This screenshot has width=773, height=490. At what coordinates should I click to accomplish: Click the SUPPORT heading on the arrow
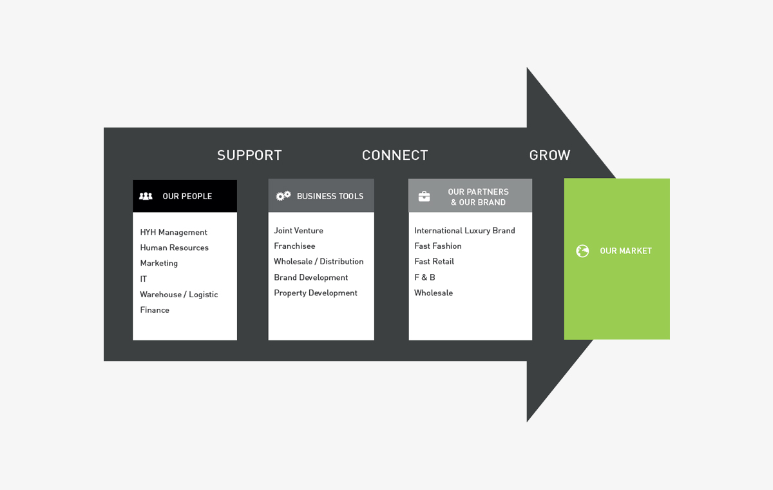249,155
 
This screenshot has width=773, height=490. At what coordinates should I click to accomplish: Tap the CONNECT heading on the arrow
395,155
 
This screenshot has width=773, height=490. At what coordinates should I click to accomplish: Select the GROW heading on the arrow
549,155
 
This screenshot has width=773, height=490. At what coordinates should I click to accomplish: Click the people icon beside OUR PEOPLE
146,196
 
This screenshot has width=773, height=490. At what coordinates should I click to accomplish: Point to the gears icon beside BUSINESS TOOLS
283,196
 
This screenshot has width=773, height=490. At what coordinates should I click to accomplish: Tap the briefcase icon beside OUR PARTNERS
424,197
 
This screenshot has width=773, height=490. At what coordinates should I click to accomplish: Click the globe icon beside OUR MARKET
582,251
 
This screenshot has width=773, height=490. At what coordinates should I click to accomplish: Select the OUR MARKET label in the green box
625,251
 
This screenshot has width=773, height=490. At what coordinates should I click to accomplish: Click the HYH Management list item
174,232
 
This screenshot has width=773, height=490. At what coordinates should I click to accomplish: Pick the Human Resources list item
175,248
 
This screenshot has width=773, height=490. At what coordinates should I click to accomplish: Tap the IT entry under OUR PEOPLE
144,279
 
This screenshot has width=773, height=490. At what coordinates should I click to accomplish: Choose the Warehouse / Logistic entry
179,295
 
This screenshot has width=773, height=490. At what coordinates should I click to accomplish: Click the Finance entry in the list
155,310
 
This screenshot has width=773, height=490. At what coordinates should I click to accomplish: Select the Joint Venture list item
298,230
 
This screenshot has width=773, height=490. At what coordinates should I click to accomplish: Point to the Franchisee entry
294,246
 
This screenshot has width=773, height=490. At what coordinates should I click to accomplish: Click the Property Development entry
316,293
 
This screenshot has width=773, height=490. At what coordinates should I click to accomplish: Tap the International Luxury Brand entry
464,230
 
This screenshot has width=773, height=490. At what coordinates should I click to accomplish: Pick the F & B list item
425,277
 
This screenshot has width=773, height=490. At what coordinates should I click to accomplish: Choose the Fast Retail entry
434,262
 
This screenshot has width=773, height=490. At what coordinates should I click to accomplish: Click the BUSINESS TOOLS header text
330,196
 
